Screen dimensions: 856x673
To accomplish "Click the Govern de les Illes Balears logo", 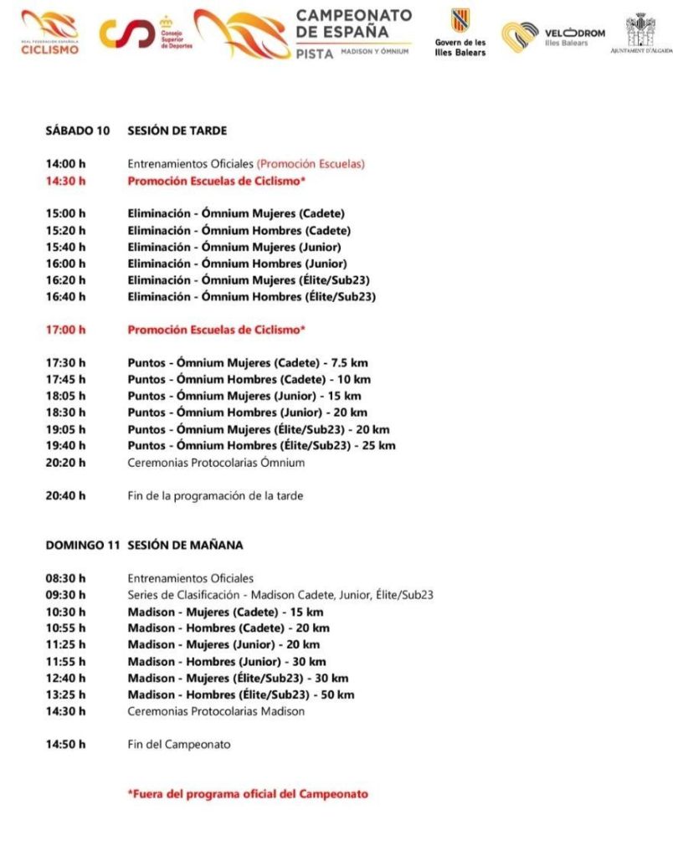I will (460, 33).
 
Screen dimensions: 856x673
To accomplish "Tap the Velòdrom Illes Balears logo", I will (552, 36).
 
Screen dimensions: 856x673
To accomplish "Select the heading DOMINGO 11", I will (83, 545).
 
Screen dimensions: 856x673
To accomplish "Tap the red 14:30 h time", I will (65, 180).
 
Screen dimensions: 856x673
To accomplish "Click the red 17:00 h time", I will (65, 330).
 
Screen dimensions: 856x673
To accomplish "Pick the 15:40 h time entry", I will (65, 247).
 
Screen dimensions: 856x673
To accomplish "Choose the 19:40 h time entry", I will (65, 445).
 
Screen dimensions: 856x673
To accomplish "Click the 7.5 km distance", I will (349, 362).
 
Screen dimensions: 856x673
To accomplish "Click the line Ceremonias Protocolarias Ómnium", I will (216, 462).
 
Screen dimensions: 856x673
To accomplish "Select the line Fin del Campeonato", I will (178, 744).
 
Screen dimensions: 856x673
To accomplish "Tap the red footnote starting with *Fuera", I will (247, 793).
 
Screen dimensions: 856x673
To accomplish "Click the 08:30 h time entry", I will (65, 578).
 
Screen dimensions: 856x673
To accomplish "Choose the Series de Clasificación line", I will (280, 595).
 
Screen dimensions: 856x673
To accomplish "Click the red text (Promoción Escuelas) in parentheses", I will (311, 164).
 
